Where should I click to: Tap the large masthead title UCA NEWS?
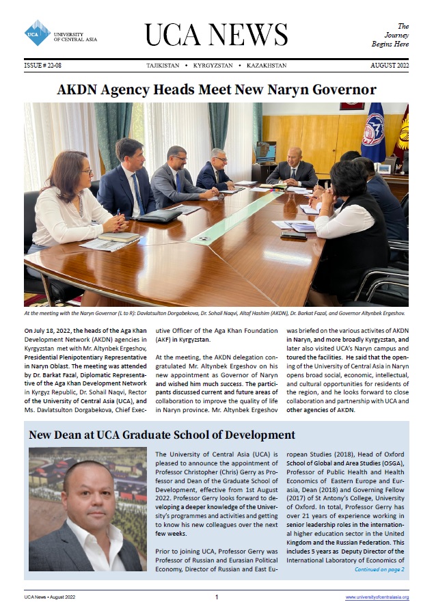tap(215, 34)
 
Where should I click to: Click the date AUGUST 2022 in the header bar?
tap(389, 66)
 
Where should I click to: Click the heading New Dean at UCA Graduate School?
tap(161, 435)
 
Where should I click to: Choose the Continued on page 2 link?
tap(379, 569)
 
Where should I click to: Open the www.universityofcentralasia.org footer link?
tap(377, 597)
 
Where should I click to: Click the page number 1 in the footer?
tap(217, 597)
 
